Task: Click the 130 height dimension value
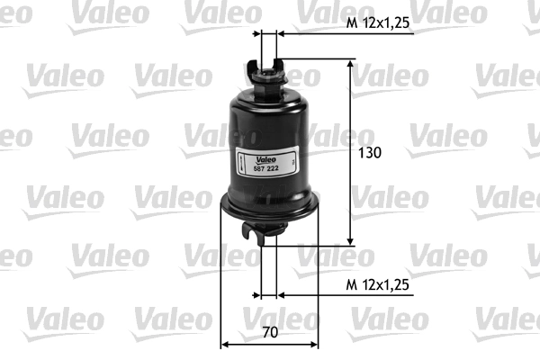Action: (x=370, y=153)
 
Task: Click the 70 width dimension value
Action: (x=270, y=332)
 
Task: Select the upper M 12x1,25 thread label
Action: (x=378, y=23)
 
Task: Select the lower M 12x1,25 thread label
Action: (x=378, y=285)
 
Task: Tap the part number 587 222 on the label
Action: (x=265, y=168)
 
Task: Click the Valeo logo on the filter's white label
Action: (x=265, y=160)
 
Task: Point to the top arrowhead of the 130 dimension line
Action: (x=350, y=64)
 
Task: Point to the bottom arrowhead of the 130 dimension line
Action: (x=350, y=241)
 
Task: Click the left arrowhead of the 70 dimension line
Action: (x=225, y=345)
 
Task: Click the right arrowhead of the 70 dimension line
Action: (x=313, y=345)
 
